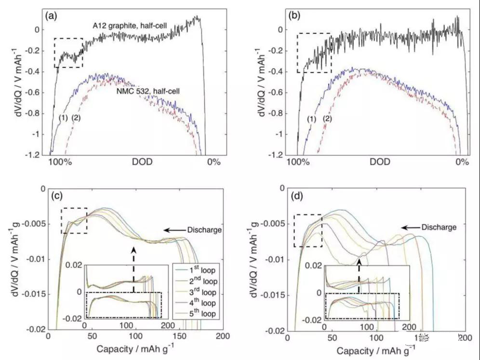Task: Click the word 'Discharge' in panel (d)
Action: pos(438,227)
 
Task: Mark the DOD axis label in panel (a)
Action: pos(142,162)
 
